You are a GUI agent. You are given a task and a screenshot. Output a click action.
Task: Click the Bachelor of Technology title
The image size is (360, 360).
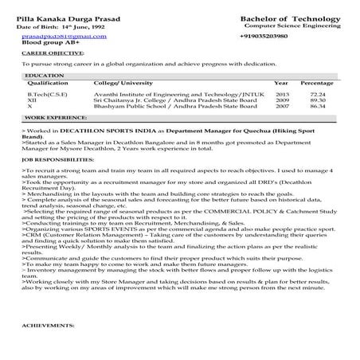tap(285, 17)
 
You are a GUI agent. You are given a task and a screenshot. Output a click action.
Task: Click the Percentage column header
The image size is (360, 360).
tap(317, 82)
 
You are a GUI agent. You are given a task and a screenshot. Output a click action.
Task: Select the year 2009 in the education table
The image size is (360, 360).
tap(282, 100)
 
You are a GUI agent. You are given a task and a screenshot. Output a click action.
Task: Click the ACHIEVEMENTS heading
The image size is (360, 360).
tap(47, 348)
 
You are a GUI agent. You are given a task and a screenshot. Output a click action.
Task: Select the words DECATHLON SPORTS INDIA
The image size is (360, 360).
tap(100, 129)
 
